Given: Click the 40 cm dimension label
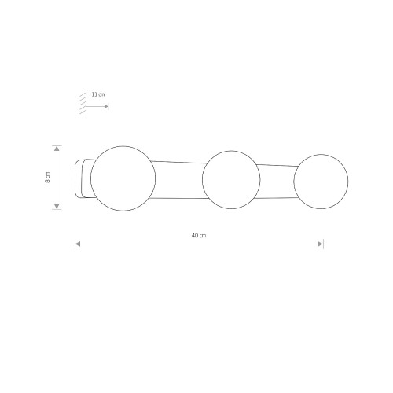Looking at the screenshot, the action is click(x=199, y=235).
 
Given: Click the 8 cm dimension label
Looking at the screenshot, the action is click(x=47, y=178).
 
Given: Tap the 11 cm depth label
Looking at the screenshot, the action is click(x=98, y=94).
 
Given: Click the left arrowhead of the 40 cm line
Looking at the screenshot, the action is click(x=78, y=244).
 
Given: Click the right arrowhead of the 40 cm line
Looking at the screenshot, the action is click(x=321, y=244).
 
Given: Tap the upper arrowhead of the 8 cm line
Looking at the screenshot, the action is click(x=57, y=149).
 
